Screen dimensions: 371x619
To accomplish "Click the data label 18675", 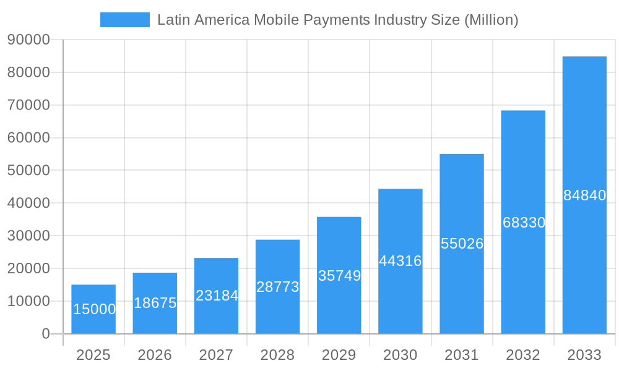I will tap(155, 303).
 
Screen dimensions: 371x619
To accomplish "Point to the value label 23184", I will tap(217, 296).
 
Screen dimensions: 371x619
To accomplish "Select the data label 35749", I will tap(339, 276).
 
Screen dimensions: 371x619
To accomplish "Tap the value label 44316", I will tap(400, 261).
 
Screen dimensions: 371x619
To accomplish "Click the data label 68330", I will tap(524, 223).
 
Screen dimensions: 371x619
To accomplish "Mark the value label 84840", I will tap(584, 195).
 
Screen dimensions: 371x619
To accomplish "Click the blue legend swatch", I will tap(125, 20).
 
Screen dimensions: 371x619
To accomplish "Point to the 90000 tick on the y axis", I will tap(28, 40).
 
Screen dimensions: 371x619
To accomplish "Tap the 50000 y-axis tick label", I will tap(28, 171).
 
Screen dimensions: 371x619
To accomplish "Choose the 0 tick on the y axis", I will tap(46, 334).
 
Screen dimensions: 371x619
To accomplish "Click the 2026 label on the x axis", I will tap(155, 355).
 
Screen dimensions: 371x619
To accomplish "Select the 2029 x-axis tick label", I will tap(339, 355).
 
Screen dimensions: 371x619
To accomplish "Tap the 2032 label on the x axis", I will tap(523, 355).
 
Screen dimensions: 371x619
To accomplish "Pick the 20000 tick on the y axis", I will tap(28, 268).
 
